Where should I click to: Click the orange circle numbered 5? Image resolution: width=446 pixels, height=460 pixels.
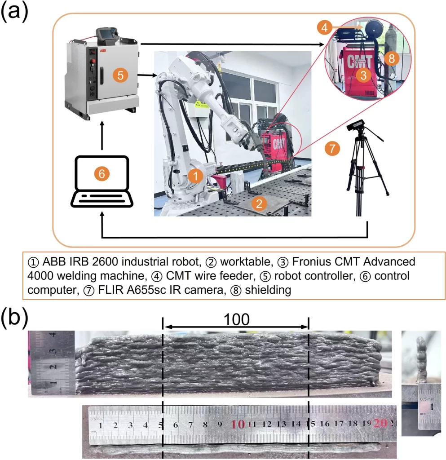(120, 76)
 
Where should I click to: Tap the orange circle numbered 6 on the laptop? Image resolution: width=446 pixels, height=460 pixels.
(102, 174)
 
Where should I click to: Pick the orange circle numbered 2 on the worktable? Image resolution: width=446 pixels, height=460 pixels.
(258, 203)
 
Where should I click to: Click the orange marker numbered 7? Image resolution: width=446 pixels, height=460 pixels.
(332, 149)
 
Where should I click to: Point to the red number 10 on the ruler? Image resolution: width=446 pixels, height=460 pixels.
(238, 424)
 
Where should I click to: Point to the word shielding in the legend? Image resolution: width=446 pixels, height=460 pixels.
(270, 290)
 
